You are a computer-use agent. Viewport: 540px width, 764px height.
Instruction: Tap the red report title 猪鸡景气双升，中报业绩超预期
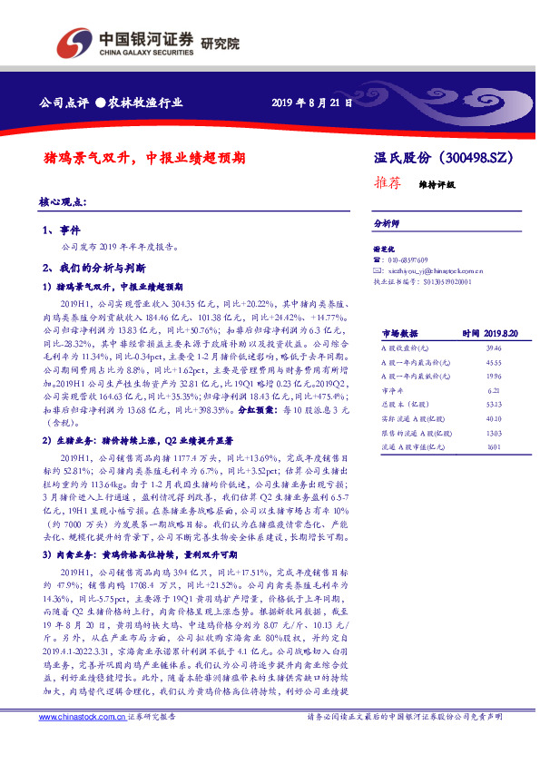[x=144, y=157]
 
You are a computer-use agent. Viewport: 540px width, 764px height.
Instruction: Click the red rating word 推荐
[x=388, y=181]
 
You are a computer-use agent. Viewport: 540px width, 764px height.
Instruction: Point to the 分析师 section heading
[x=387, y=222]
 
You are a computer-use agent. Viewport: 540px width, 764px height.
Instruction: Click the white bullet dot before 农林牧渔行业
[x=101, y=102]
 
